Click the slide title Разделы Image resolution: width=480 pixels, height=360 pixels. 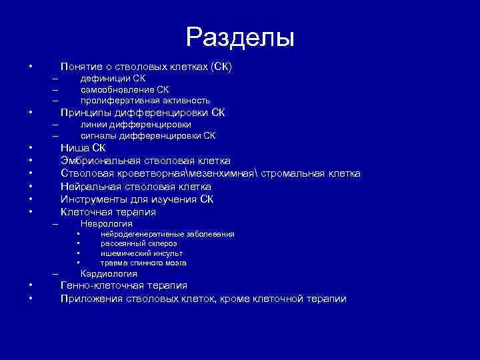pyautogui.click(x=240, y=37)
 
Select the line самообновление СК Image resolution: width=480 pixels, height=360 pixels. pyautogui.click(x=125, y=89)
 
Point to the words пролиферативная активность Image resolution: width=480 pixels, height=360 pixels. pyautogui.click(x=145, y=100)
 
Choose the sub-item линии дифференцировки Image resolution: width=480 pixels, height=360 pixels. pyautogui.click(x=135, y=125)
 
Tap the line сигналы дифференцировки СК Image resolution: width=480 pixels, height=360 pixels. pyautogui.click(x=147, y=135)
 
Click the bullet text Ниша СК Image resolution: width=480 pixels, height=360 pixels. pyautogui.click(x=83, y=148)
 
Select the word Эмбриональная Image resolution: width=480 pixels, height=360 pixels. pyautogui.click(x=100, y=161)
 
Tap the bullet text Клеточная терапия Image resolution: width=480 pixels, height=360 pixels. pyautogui.click(x=108, y=212)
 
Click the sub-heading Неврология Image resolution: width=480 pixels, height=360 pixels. pyautogui.click(x=106, y=224)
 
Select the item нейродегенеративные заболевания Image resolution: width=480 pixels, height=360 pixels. pyautogui.click(x=167, y=234)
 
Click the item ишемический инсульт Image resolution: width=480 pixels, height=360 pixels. pyautogui.click(x=141, y=253)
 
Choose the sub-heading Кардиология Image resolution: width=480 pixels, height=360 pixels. pyautogui.click(x=109, y=273)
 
